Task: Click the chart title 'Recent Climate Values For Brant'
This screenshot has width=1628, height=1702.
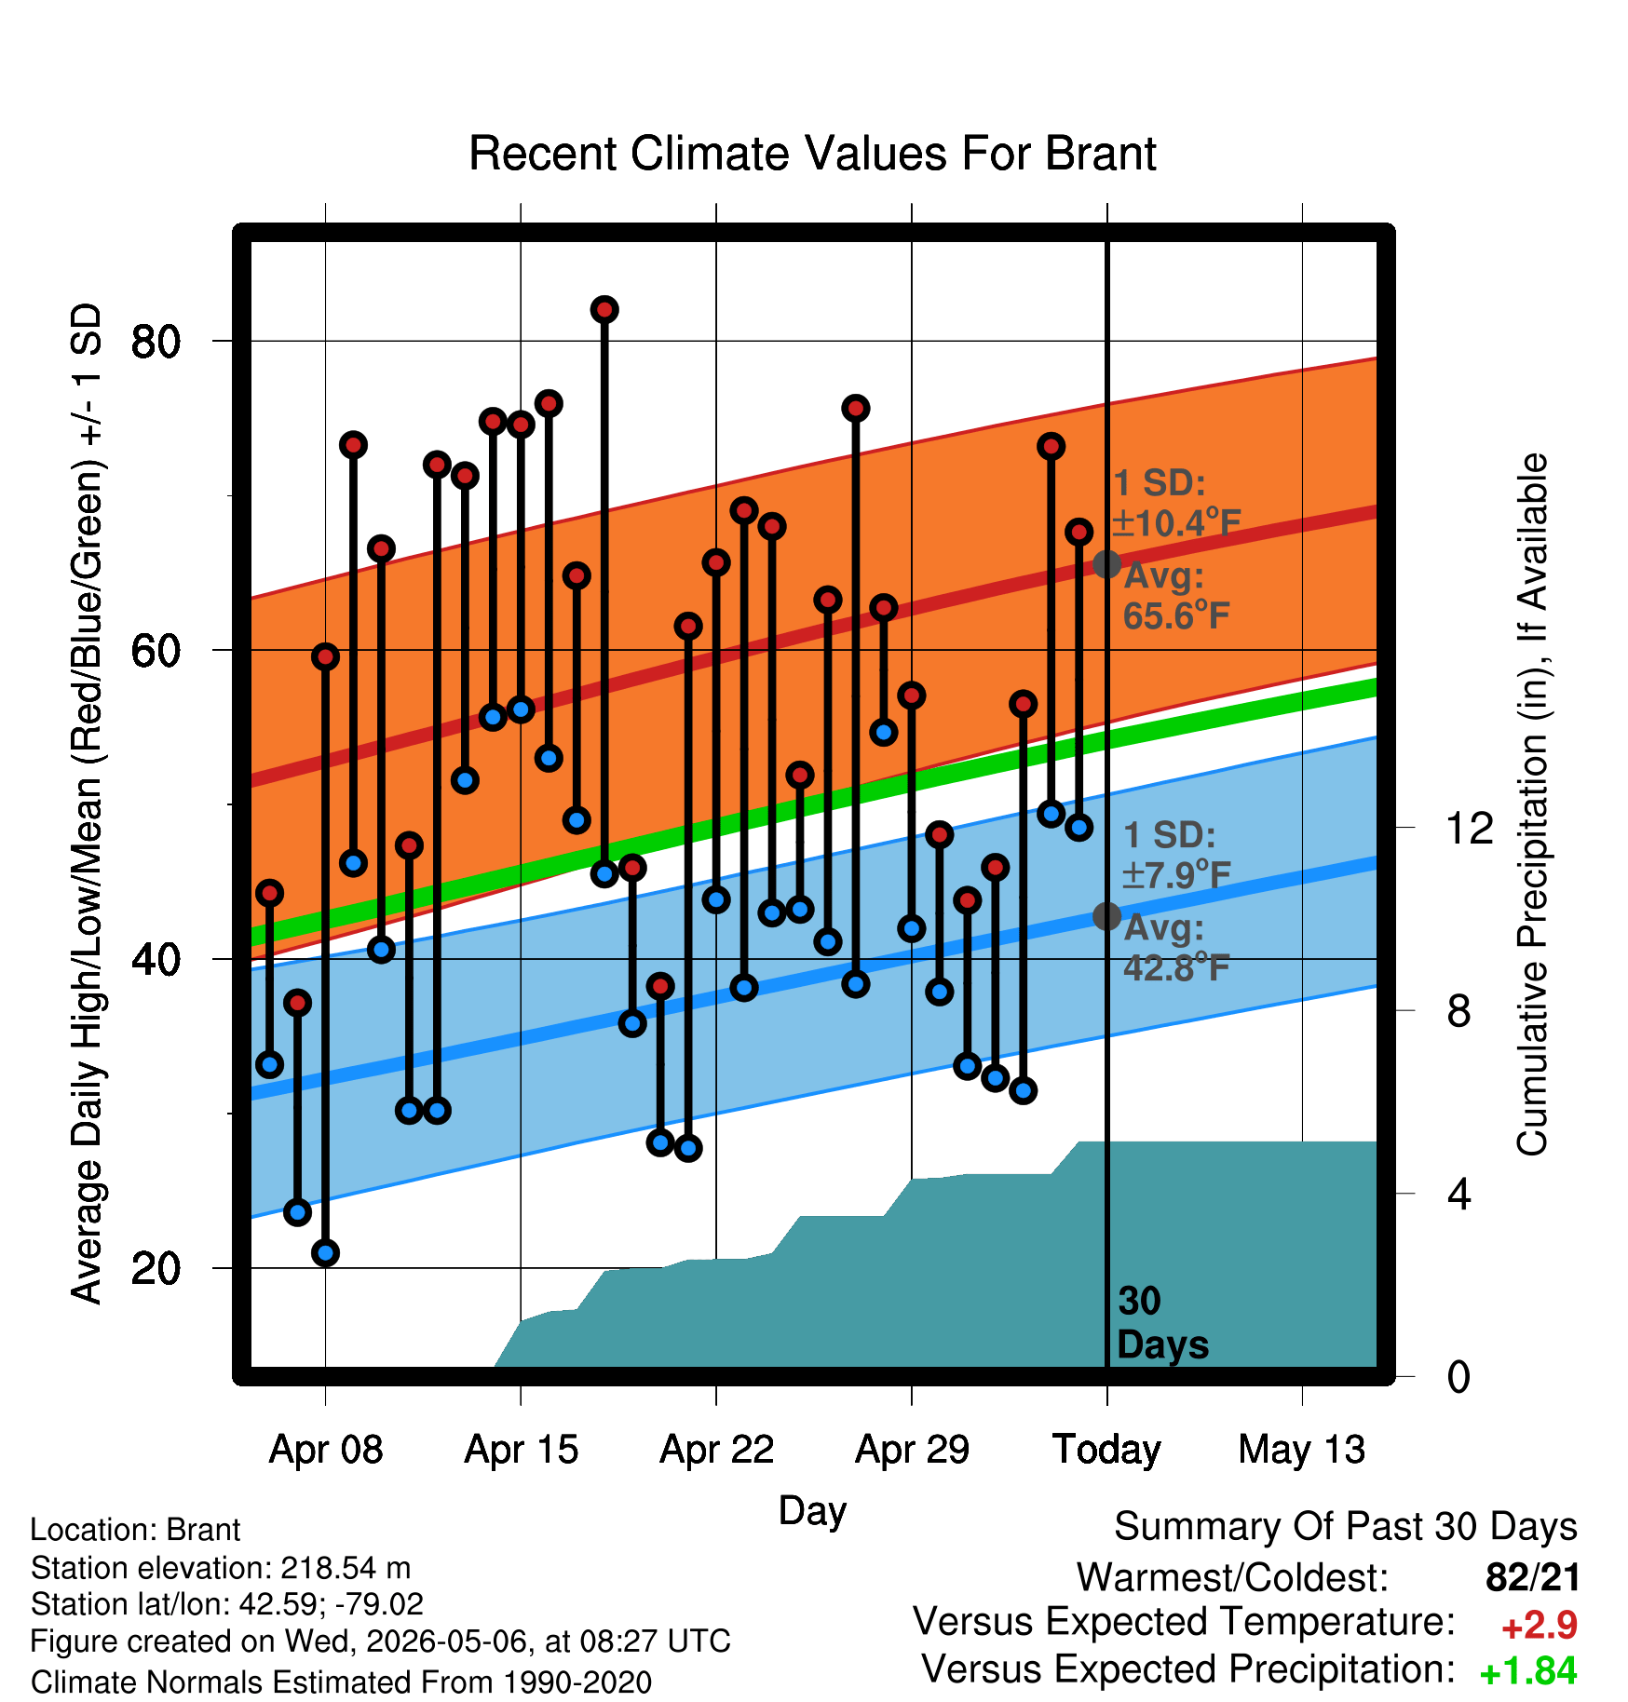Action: click(x=812, y=154)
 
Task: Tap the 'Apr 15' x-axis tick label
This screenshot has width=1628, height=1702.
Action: click(x=521, y=1450)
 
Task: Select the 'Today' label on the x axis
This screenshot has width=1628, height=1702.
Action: click(x=1106, y=1450)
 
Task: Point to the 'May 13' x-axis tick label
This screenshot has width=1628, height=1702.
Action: click(x=1301, y=1450)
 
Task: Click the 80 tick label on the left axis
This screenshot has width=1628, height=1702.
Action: click(x=156, y=342)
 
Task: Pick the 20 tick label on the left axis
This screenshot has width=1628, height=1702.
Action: click(x=156, y=1268)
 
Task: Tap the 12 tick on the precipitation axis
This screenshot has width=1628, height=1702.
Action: click(x=1470, y=828)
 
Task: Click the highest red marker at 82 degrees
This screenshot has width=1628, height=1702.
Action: click(x=604, y=309)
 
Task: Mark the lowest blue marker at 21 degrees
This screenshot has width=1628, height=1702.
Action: click(x=325, y=1252)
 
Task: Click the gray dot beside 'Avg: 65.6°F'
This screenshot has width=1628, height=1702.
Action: click(x=1106, y=563)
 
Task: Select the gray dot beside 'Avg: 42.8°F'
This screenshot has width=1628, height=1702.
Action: click(x=1106, y=916)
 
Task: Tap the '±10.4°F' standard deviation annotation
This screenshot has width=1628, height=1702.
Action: click(x=1177, y=523)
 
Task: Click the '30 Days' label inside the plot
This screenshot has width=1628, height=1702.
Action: click(x=1162, y=1322)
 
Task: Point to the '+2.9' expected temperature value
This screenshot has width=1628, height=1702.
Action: click(x=1539, y=1626)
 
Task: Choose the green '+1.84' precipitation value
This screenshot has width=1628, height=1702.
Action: click(x=1528, y=1671)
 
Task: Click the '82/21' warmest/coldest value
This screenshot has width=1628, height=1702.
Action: click(x=1533, y=1577)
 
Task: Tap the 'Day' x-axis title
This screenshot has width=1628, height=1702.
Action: click(x=812, y=1511)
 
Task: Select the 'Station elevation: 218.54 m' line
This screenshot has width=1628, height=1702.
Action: click(x=221, y=1568)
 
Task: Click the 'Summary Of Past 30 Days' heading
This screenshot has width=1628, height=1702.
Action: click(x=1346, y=1527)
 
